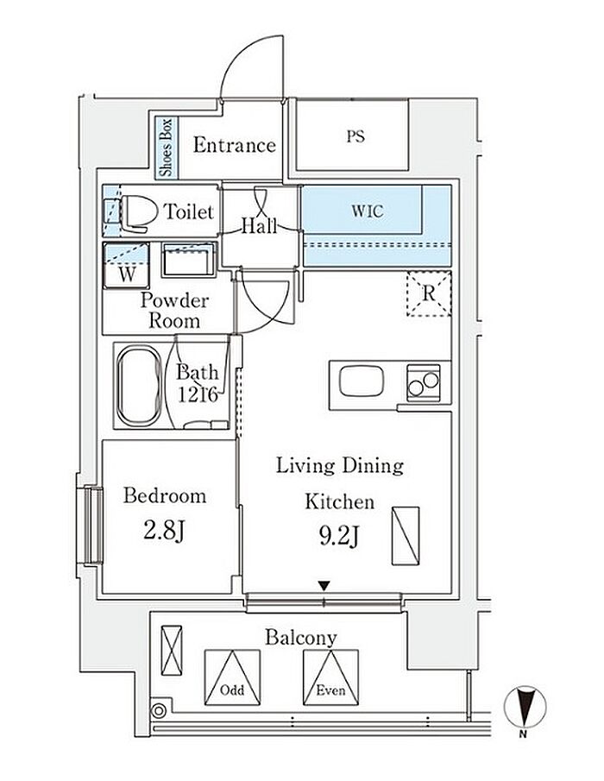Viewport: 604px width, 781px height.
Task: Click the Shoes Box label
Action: pyautogui.click(x=166, y=148)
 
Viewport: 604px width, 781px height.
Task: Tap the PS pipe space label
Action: pyautogui.click(x=355, y=136)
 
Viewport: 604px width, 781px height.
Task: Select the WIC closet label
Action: pyautogui.click(x=368, y=211)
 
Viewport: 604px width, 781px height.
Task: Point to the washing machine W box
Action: pyautogui.click(x=127, y=266)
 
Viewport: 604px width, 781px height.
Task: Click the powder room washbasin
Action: pyautogui.click(x=188, y=260)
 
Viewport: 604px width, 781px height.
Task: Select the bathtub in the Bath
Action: pyautogui.click(x=140, y=387)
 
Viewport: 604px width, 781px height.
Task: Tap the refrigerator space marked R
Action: pyautogui.click(x=429, y=294)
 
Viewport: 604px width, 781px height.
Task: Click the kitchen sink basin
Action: pyautogui.click(x=362, y=381)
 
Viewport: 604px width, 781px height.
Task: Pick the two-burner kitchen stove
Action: pyautogui.click(x=424, y=382)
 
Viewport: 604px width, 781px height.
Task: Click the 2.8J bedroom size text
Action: pyautogui.click(x=164, y=532)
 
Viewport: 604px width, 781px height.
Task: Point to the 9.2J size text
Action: pyautogui.click(x=340, y=537)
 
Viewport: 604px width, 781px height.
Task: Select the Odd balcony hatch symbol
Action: pyautogui.click(x=232, y=677)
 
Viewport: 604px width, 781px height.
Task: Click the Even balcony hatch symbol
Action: pyautogui.click(x=331, y=677)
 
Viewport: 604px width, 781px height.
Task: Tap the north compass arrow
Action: pyautogui.click(x=525, y=706)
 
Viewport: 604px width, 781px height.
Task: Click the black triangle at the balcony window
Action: pyautogui.click(x=324, y=586)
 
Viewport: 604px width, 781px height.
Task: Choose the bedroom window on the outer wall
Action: pyautogui.click(x=92, y=526)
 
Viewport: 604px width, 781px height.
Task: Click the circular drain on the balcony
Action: pyautogui.click(x=159, y=711)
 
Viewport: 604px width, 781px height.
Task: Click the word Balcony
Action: pyautogui.click(x=301, y=638)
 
